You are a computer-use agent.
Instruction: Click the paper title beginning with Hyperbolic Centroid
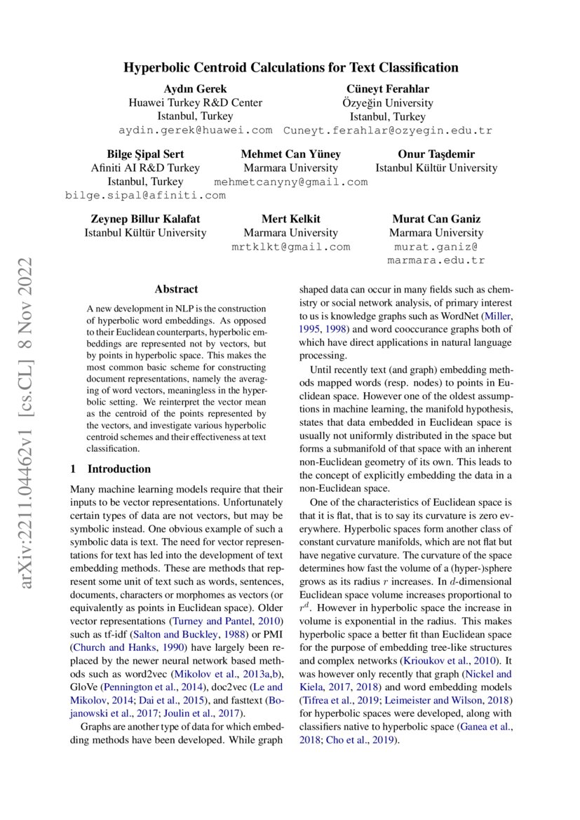pyautogui.click(x=290, y=68)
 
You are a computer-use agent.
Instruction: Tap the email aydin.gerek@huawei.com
pyautogui.click(x=195, y=130)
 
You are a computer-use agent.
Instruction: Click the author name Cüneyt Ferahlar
pyautogui.click(x=387, y=88)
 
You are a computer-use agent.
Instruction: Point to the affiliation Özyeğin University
pyautogui.click(x=387, y=102)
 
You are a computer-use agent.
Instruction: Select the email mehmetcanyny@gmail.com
pyautogui.click(x=290, y=182)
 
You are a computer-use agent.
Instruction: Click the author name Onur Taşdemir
pyautogui.click(x=436, y=154)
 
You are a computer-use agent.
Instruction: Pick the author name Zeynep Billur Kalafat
pyautogui.click(x=145, y=219)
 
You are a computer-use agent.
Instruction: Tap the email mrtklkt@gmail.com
pyautogui.click(x=290, y=247)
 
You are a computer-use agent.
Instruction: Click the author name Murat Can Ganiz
pyautogui.click(x=436, y=219)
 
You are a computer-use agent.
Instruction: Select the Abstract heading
pyautogui.click(x=176, y=289)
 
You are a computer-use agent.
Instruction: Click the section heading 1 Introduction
pyautogui.click(x=111, y=469)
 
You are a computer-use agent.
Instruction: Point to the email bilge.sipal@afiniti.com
pyautogui.click(x=145, y=196)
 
